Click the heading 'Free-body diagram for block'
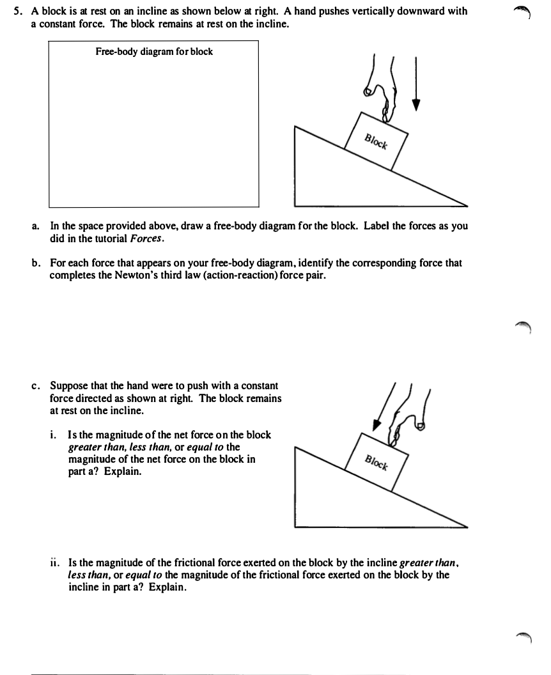154,52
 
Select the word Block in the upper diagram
376,141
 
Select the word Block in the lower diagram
376,463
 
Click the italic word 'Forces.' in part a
148,238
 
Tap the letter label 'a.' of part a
36,226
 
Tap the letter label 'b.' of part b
36,263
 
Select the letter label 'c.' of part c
36,386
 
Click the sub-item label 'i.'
54,435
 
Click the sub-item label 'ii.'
55,563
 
